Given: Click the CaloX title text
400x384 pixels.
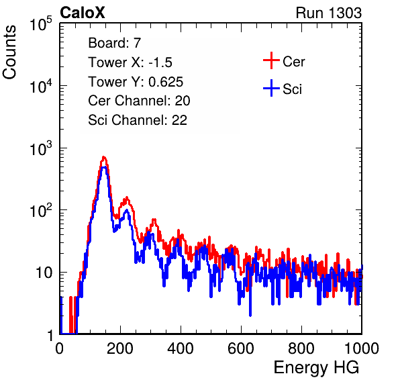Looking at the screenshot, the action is (x=83, y=13).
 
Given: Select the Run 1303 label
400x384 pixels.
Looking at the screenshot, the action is (x=329, y=13).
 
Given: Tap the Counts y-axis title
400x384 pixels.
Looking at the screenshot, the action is (x=9, y=52).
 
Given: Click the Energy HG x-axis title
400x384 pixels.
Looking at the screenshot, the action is (x=316, y=368).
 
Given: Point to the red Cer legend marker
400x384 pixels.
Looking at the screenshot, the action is (x=271, y=60).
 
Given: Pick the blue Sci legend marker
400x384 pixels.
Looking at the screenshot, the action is (x=271, y=89).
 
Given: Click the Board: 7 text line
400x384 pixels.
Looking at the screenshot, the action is (x=115, y=43).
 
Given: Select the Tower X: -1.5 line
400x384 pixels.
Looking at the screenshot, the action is (x=130, y=62).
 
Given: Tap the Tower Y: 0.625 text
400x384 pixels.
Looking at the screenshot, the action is (x=136, y=82).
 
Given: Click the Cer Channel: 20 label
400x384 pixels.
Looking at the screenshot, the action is (x=139, y=101).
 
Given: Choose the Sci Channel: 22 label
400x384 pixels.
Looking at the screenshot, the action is (x=138, y=120).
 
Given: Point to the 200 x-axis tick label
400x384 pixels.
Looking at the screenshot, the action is (x=120, y=348).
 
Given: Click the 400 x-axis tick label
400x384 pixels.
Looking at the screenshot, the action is (x=181, y=348).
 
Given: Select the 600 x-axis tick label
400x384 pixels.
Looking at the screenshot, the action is (x=241, y=348).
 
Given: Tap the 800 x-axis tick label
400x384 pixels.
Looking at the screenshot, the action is (x=301, y=348).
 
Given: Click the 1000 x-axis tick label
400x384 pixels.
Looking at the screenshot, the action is (x=362, y=348).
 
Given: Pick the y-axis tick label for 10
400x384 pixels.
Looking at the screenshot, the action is (x=44, y=273).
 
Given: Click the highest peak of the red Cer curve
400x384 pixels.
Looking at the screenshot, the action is (x=103, y=157).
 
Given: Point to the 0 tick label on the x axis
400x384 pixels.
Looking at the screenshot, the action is (x=60, y=348).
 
